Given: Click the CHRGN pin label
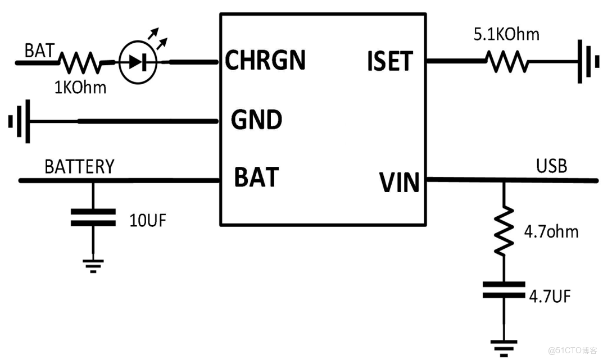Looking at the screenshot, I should [x=265, y=60].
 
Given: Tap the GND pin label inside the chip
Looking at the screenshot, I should [x=256, y=120].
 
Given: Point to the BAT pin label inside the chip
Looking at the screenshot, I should [x=256, y=177].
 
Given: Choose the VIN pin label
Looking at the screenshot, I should [x=400, y=183].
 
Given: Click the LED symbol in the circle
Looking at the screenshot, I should [x=138, y=62].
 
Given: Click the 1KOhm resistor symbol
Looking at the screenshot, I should [x=80, y=62].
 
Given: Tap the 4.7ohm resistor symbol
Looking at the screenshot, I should [x=504, y=230].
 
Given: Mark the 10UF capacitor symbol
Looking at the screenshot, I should [x=93, y=217].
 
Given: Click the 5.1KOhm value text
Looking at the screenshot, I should [x=506, y=35].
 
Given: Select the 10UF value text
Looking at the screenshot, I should [x=148, y=220].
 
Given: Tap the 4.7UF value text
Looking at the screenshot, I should [x=550, y=296].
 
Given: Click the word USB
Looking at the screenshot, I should [x=551, y=166].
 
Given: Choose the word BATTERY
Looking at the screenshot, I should [x=79, y=167].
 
